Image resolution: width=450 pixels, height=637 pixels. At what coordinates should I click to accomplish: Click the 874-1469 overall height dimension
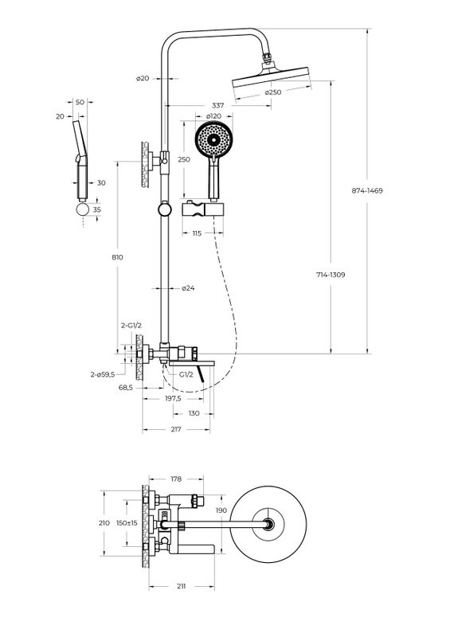[x=367, y=190]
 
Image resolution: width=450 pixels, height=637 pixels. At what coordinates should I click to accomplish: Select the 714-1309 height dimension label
[x=331, y=275]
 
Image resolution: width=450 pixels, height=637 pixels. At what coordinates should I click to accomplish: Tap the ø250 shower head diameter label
[x=272, y=92]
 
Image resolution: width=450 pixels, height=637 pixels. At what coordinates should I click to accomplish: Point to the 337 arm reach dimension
[x=217, y=106]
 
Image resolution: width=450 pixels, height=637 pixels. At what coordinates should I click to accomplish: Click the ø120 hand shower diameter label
[x=213, y=116]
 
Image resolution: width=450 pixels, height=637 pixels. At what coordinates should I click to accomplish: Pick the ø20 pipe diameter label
[x=143, y=78]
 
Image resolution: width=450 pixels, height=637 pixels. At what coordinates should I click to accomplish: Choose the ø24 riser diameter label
[x=188, y=288]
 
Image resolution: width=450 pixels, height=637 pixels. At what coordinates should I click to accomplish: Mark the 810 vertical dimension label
[x=117, y=257]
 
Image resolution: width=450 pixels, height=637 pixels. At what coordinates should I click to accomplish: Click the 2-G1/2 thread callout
[x=131, y=326]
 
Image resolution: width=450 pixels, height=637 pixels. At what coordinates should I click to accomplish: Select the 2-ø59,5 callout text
[x=103, y=374]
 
